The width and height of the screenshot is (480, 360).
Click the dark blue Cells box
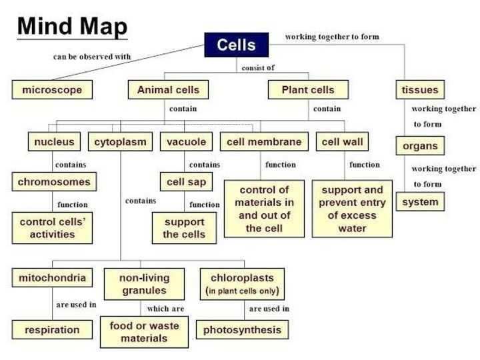click(x=236, y=45)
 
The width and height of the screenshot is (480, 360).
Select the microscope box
click(x=52, y=90)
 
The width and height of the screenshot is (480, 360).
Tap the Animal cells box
click(x=168, y=90)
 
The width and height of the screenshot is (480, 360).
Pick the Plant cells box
click(x=308, y=90)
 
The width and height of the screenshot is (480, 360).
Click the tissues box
click(x=420, y=90)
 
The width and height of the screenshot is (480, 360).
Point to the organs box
click(x=420, y=145)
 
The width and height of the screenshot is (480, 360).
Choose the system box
click(x=420, y=202)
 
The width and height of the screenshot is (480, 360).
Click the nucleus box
click(x=55, y=142)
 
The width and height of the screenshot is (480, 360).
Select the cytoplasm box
click(x=120, y=142)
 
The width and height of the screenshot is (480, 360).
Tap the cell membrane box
click(x=264, y=142)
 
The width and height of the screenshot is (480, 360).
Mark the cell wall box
click(x=342, y=142)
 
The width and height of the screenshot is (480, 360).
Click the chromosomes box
click(x=53, y=181)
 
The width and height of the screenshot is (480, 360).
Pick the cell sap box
click(x=186, y=181)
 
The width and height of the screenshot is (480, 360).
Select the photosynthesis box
click(x=242, y=329)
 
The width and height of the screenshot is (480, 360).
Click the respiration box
click(x=52, y=329)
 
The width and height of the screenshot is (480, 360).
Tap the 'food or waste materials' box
click(x=144, y=332)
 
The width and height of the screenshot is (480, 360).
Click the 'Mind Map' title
click(x=71, y=26)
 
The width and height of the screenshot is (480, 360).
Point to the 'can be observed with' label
click(x=92, y=57)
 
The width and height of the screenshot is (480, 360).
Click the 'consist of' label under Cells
click(x=258, y=67)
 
